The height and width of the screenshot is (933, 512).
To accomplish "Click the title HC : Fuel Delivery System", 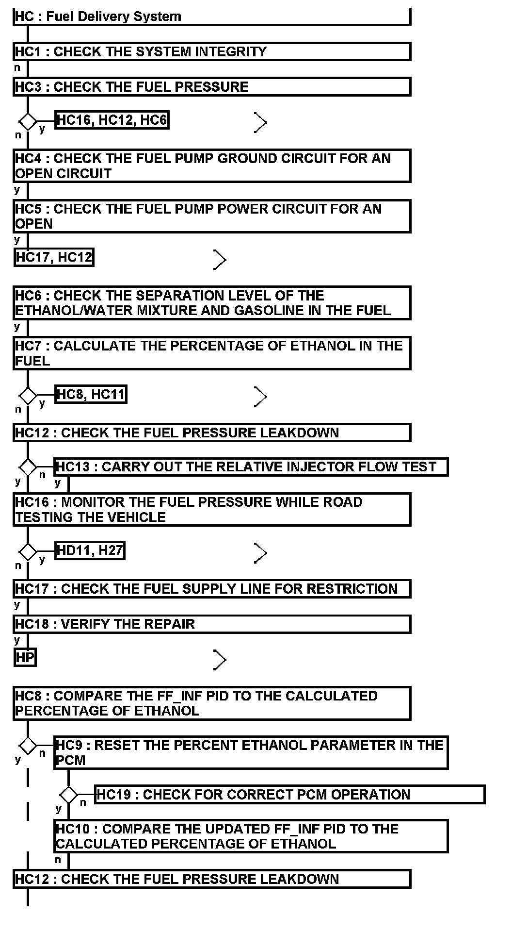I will click(x=98, y=17).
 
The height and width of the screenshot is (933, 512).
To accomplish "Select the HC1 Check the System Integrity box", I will click(x=212, y=51).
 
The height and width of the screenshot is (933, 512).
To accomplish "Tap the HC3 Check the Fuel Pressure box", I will click(x=212, y=87).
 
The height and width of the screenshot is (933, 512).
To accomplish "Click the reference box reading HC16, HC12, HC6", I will click(x=112, y=120).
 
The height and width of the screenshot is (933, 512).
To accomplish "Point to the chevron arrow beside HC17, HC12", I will click(x=220, y=260).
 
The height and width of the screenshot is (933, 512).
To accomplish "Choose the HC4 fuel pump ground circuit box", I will click(x=212, y=166).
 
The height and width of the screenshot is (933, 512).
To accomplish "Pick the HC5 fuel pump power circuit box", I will click(x=212, y=217).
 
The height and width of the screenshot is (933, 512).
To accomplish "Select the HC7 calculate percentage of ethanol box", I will click(x=212, y=353).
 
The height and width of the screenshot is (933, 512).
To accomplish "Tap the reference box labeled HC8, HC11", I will click(x=91, y=394).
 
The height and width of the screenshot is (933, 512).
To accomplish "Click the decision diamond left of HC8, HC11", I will click(x=28, y=396).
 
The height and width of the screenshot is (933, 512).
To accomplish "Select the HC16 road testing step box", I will click(x=212, y=509).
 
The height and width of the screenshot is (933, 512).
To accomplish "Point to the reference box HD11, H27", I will click(x=90, y=550).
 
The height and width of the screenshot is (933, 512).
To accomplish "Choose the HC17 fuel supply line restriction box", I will click(x=212, y=589).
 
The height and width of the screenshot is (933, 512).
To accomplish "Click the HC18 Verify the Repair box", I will click(x=212, y=624).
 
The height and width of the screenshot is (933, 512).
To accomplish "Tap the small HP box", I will click(x=25, y=658).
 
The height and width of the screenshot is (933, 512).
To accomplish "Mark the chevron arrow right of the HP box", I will click(x=220, y=660).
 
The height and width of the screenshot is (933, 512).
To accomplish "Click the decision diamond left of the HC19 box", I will click(x=68, y=795).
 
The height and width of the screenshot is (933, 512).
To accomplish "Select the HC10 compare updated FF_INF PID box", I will click(x=251, y=836).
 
